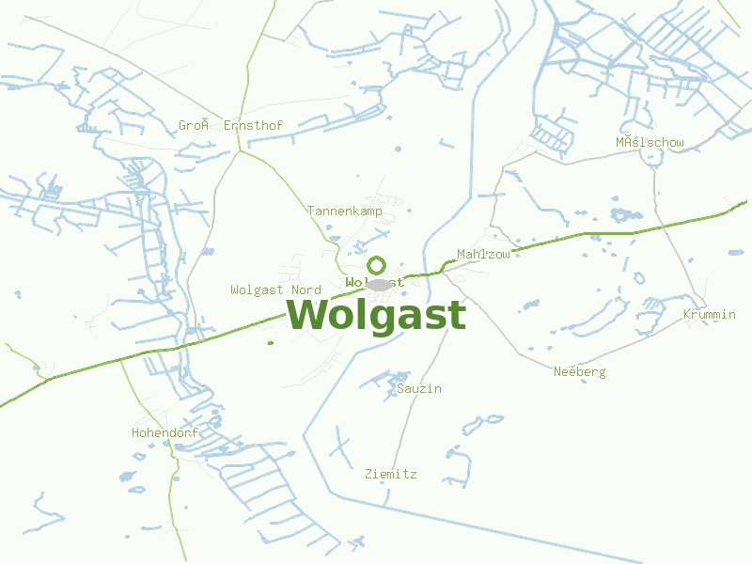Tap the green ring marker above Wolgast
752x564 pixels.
(377, 265)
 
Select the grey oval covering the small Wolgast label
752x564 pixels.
(379, 284)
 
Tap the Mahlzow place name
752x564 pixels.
(483, 255)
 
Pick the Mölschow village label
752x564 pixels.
(650, 143)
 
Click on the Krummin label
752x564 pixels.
(710, 314)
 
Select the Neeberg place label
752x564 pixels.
(579, 371)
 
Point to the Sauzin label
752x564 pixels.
(419, 388)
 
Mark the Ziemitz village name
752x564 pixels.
(391, 475)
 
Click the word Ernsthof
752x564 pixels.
(254, 125)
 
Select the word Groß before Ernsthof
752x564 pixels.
(193, 125)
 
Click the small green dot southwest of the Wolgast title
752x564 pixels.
(271, 342)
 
